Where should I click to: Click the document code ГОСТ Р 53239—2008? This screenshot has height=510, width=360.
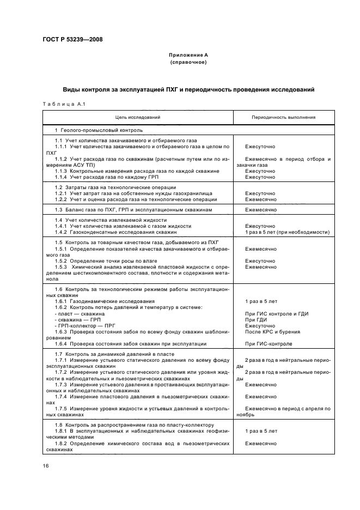(x=73, y=40)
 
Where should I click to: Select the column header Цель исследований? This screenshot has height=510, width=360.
(x=137, y=117)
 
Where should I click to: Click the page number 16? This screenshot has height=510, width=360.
(x=46, y=465)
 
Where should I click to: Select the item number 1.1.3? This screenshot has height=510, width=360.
(x=60, y=171)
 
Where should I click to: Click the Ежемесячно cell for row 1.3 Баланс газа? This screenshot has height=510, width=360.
(x=260, y=209)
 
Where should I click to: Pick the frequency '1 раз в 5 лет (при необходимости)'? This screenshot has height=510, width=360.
(x=287, y=232)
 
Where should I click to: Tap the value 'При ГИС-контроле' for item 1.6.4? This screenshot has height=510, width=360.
(x=269, y=344)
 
